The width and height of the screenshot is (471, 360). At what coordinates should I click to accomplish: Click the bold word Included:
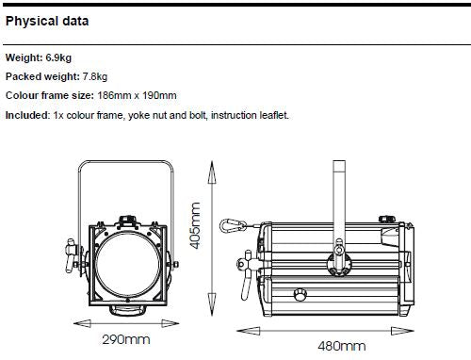click(26, 115)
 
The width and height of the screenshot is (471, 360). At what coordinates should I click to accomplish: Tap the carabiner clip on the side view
click(229, 227)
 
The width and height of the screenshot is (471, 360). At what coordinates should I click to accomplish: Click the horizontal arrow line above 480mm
click(329, 329)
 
